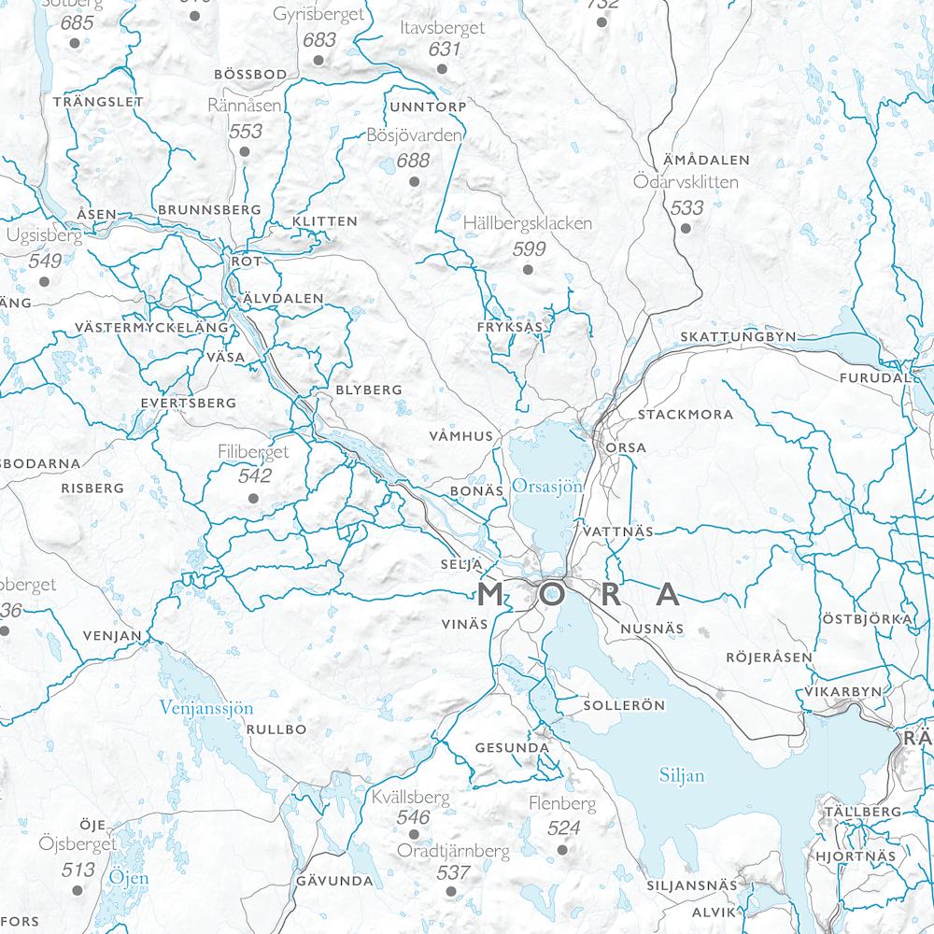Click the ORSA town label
pyautogui.click(x=626, y=447)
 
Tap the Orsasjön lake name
pyautogui.click(x=547, y=487)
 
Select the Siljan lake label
pyautogui.click(x=682, y=775)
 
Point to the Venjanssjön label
pyautogui.click(x=206, y=708)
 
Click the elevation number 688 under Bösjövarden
pyautogui.click(x=413, y=160)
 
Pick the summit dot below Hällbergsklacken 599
pyautogui.click(x=528, y=270)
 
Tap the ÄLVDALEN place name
pyautogui.click(x=282, y=299)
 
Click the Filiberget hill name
pyautogui.click(x=253, y=452)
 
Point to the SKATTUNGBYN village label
pyautogui.click(x=738, y=336)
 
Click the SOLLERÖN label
pyautogui.click(x=624, y=705)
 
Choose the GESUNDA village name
pyautogui.click(x=512, y=748)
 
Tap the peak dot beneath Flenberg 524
pyautogui.click(x=562, y=850)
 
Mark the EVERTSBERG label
pyautogui.click(x=187, y=403)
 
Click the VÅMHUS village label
pyautogui.click(x=460, y=436)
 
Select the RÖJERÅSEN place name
pyautogui.click(x=770, y=658)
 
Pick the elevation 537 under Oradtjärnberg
pyautogui.click(x=453, y=872)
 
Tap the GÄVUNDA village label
pyautogui.click(x=334, y=881)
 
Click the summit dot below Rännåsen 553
pyautogui.click(x=245, y=150)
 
